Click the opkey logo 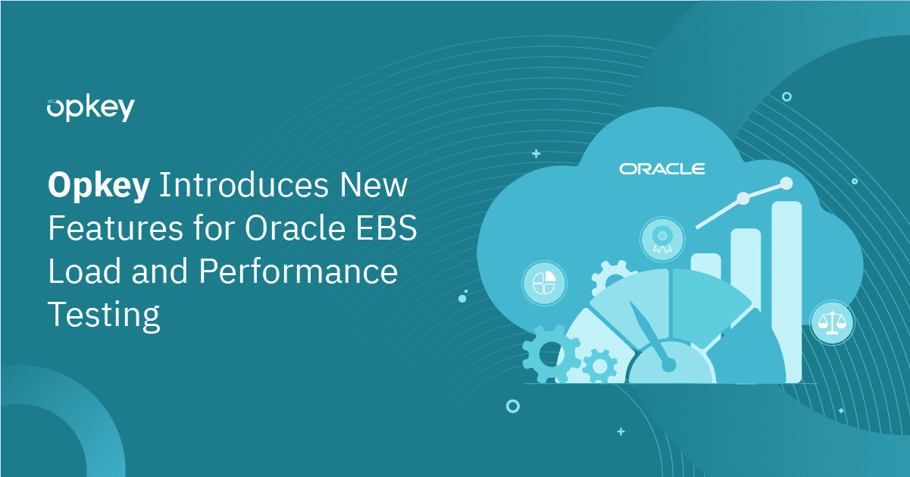click(x=90, y=109)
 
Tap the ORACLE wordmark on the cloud click(x=662, y=168)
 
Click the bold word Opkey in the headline click(x=99, y=187)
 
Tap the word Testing click(x=104, y=314)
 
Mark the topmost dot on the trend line click(x=786, y=183)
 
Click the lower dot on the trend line click(x=743, y=198)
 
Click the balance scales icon click(x=831, y=322)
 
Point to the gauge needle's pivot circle click(x=668, y=365)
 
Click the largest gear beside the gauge click(x=550, y=352)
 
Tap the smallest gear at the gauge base click(x=600, y=366)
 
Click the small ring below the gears click(x=513, y=406)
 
